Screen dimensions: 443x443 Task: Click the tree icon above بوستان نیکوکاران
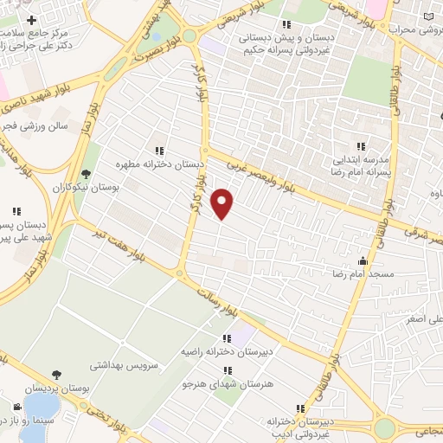point(85,174)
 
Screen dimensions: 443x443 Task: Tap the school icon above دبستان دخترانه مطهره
point(158,149)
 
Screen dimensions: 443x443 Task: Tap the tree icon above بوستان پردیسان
point(57,375)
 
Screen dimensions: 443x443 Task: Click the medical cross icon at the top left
point(32,20)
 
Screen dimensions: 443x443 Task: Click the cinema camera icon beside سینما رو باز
point(17,407)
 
